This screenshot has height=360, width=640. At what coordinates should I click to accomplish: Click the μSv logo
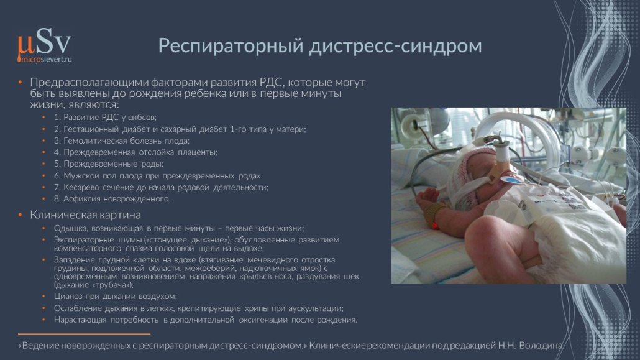44,45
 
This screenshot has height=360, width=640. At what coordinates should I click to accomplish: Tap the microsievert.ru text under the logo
47,59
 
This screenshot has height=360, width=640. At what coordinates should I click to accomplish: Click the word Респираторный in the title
231,46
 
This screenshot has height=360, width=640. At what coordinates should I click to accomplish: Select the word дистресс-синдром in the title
396,45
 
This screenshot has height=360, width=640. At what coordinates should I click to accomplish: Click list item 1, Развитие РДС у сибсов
105,118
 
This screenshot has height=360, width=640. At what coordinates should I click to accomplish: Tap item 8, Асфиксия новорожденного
112,199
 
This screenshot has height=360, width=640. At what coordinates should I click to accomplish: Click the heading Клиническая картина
85,215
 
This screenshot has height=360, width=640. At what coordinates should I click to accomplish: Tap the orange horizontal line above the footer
84,335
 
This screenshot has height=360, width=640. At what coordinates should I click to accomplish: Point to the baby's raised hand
426,195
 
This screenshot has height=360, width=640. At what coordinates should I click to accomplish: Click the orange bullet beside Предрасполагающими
20,83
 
